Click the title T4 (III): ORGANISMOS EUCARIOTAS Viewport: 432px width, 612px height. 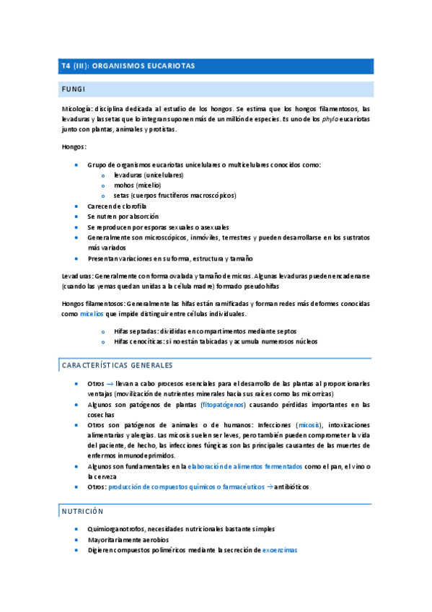128,66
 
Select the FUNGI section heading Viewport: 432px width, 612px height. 74,89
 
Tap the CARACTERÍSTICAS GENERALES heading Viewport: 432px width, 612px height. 118,366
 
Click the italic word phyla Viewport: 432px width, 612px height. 330,119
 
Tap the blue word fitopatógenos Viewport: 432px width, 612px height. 216,405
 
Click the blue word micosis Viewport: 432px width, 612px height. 310,425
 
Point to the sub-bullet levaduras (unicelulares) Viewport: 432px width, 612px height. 149,175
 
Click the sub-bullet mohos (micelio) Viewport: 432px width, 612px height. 138,185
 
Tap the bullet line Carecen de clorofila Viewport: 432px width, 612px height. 117,206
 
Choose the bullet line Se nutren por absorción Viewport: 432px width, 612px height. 123,216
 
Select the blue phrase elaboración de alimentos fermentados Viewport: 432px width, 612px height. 245,467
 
